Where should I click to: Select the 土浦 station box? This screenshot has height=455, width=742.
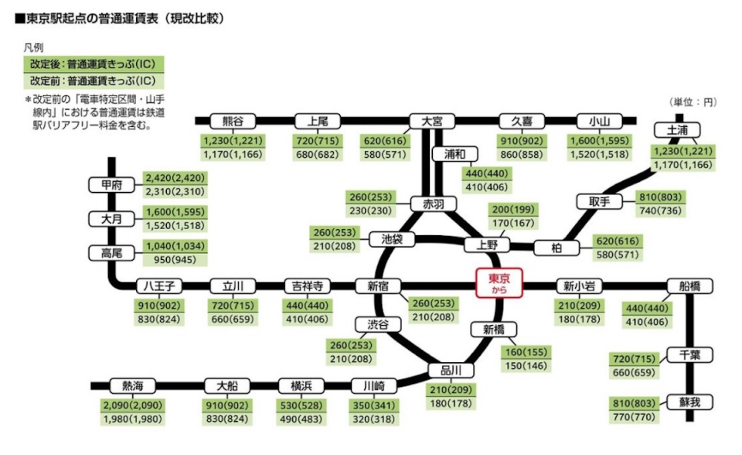[676, 130]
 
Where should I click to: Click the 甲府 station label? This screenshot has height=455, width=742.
[112, 184]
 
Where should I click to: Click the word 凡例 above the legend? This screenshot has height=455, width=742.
[34, 46]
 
